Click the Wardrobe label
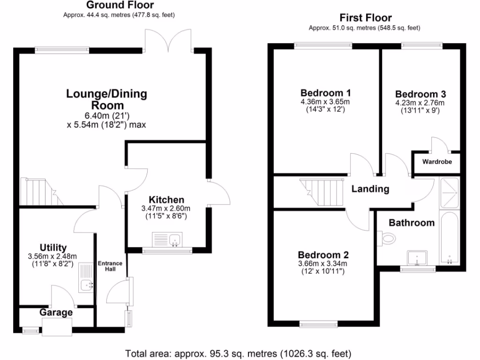[437, 162]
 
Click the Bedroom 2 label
[323, 255]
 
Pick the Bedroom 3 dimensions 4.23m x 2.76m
[420, 103]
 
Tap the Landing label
[370, 189]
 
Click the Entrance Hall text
[110, 267]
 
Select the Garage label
[56, 313]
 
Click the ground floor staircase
[39, 191]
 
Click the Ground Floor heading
[120, 5]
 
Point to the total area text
[238, 352]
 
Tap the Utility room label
[53, 247]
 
